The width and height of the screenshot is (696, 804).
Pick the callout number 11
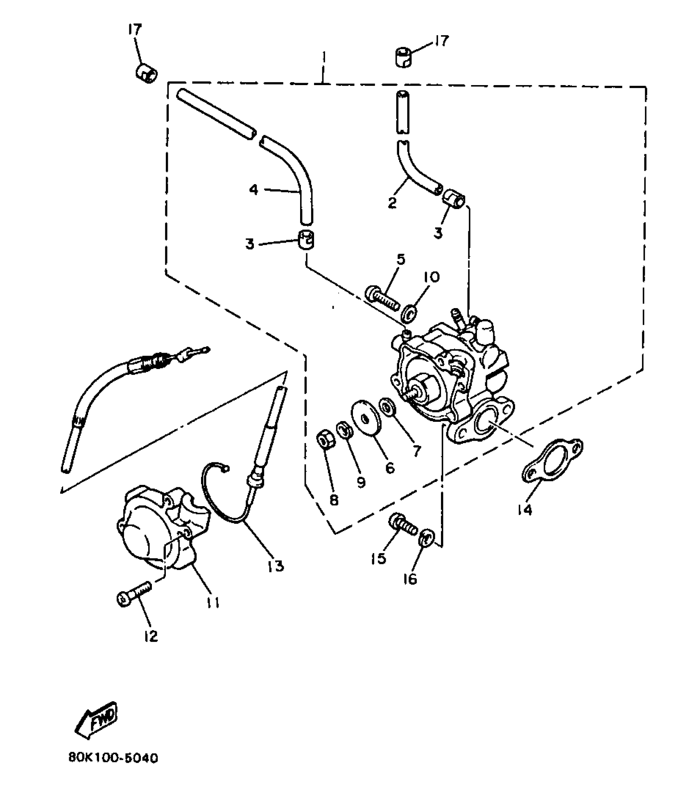click(x=213, y=602)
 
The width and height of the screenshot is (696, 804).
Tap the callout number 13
click(x=276, y=566)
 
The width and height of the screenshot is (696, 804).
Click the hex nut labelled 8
click(x=326, y=441)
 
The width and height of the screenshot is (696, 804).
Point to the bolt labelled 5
click(x=382, y=299)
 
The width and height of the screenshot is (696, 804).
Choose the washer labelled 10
click(x=409, y=314)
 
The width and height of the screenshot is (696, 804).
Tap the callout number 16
click(x=410, y=579)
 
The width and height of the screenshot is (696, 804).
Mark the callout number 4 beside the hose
click(x=254, y=190)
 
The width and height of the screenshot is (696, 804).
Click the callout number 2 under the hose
click(x=392, y=203)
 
